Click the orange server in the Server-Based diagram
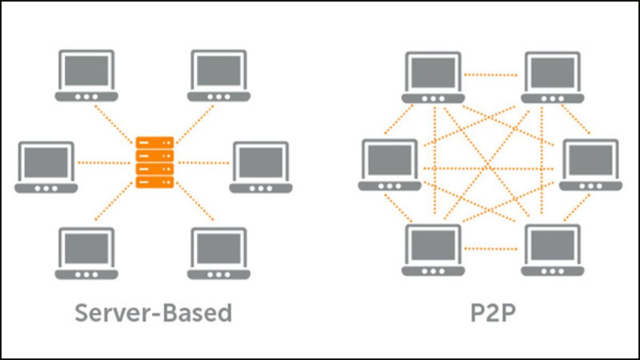[155, 162]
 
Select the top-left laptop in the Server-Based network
[86, 75]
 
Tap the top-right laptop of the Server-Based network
[219, 75]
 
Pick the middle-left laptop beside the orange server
[46, 167]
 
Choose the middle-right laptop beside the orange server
[261, 167]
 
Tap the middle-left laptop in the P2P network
[389, 164]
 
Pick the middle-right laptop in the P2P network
[590, 164]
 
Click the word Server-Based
[153, 313]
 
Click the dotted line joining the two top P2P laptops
[491, 75]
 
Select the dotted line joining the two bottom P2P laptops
[491, 248]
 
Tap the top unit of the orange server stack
[155, 143]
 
